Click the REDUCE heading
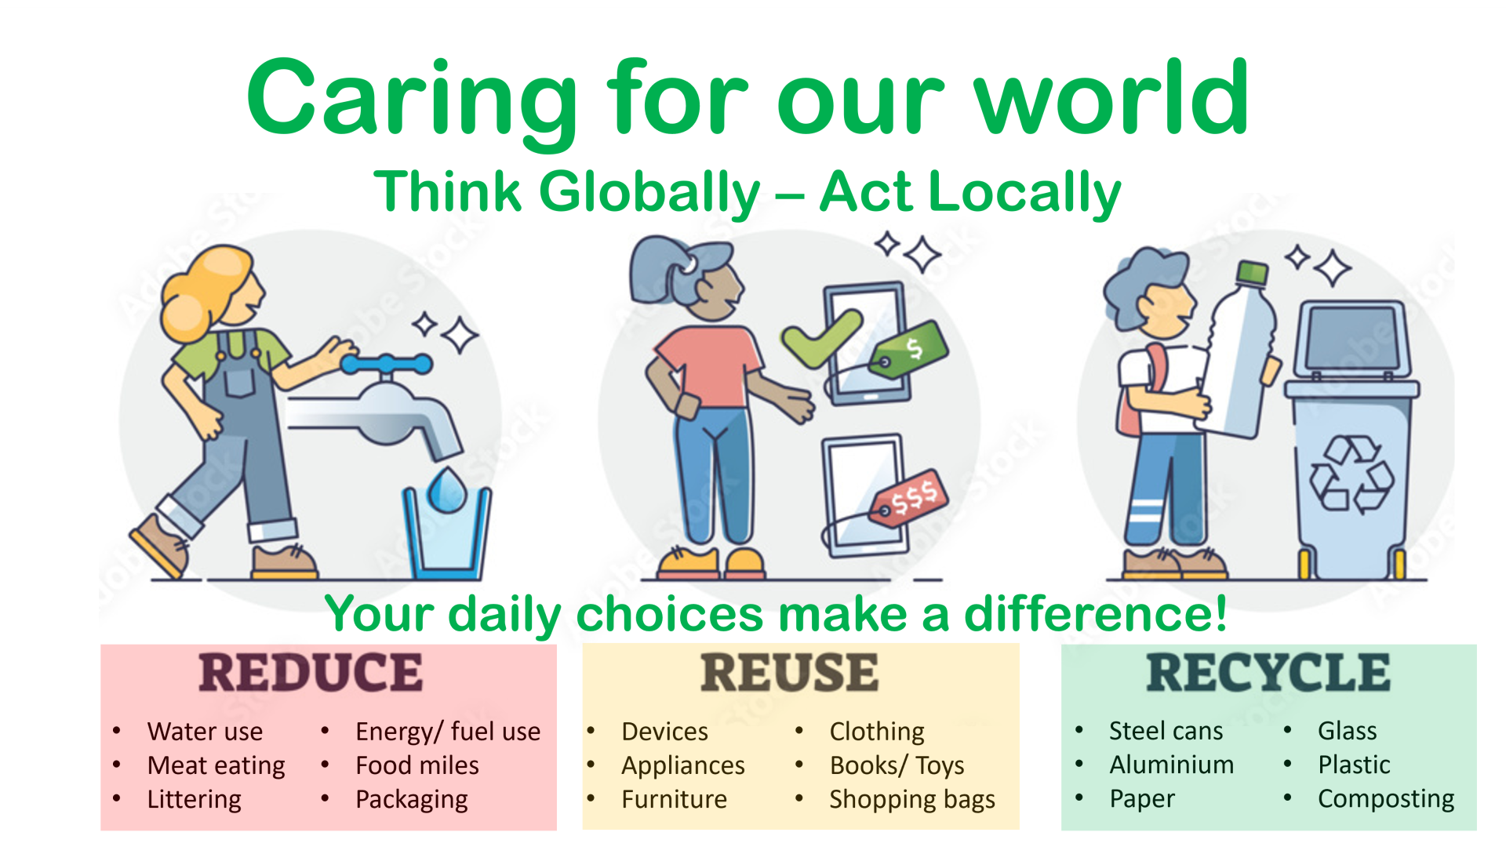point(311,673)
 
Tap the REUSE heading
point(789,673)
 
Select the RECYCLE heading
point(1268,673)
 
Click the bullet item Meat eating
point(216,765)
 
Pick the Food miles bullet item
point(417,765)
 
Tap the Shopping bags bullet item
point(912,800)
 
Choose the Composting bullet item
point(1386,799)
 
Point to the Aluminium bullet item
point(1172,765)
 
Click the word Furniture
point(675,799)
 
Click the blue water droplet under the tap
point(447,489)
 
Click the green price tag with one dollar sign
point(908,350)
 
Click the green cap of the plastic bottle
point(1252,273)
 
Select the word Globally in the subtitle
point(649,193)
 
